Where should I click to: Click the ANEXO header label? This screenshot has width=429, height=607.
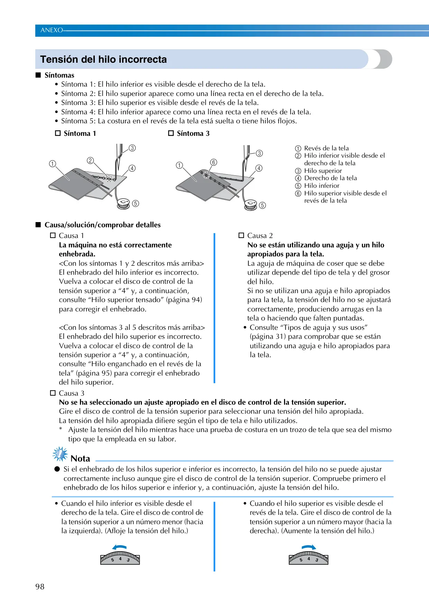pos(52,30)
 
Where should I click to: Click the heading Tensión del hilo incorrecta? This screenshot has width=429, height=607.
pos(103,59)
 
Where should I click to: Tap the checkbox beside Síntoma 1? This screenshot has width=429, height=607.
pos(58,133)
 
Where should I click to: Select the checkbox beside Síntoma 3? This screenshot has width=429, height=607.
pos(171,133)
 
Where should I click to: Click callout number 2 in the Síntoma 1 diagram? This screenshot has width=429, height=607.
pos(90,160)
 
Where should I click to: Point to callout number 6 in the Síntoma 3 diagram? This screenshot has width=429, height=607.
pos(213,162)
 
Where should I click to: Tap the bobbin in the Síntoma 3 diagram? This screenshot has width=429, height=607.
pos(250,205)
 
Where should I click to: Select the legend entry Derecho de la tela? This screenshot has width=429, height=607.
pos(326,178)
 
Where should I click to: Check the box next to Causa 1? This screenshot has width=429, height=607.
pos(53,236)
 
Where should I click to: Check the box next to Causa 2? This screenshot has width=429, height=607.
pos(241,236)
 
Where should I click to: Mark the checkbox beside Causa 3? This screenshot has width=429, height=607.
pos(53,393)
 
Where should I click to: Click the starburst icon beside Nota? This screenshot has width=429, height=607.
pos(60,455)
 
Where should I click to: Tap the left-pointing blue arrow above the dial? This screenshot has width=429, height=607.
pos(119,547)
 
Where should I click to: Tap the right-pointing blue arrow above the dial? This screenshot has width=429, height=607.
pos(309,547)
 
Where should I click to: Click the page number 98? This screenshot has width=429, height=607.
pos(40,587)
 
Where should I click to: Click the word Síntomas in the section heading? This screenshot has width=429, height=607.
pos(60,75)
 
